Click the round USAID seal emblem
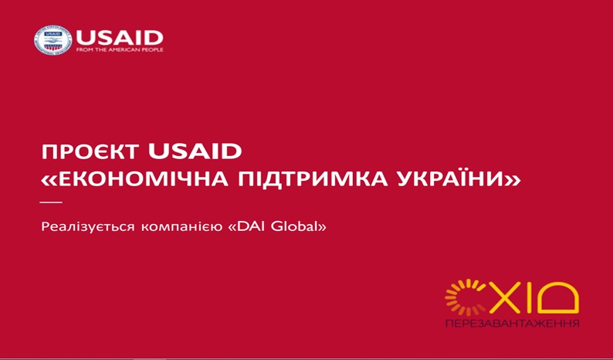tap(52, 40)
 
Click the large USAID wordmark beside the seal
tap(120, 37)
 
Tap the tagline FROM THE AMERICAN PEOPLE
tap(120, 50)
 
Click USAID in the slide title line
tap(195, 152)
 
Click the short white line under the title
tap(51, 202)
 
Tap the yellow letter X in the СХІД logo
tap(505, 299)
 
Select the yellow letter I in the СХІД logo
tap(530, 299)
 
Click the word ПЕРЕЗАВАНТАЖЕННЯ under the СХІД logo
tap(512, 324)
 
